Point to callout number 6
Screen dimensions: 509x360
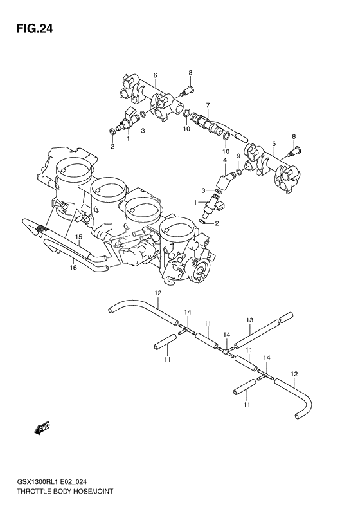[155, 76]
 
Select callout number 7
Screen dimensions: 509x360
[208, 105]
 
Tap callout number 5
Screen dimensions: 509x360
[274, 144]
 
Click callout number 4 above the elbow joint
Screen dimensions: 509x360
[225, 160]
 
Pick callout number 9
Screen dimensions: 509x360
[238, 156]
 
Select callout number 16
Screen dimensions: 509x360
[74, 267]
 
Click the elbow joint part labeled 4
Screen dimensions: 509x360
[226, 178]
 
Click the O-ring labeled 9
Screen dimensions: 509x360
[239, 171]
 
